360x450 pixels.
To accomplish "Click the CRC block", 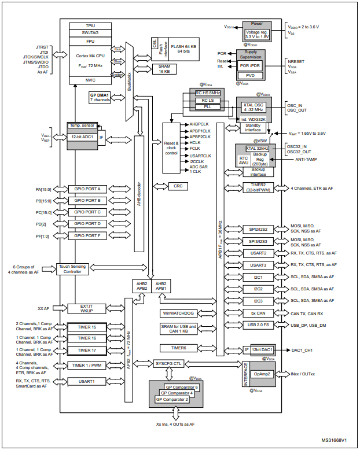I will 178,186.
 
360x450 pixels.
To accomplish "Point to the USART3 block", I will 259,265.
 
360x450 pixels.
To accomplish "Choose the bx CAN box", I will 259,312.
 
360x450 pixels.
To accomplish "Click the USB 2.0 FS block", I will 259,324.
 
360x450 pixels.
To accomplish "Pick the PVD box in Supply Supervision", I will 251,75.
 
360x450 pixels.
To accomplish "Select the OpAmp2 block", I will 262,374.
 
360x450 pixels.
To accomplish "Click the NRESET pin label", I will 297,61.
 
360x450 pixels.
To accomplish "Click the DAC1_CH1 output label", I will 301,350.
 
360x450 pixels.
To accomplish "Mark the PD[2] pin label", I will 41,224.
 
